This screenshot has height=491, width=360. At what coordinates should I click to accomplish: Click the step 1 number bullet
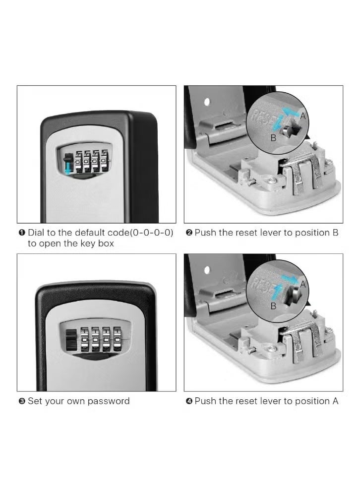[22, 233]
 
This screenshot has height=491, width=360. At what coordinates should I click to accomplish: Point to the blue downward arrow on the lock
[68, 167]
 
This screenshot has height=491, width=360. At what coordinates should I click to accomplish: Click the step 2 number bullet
[189, 233]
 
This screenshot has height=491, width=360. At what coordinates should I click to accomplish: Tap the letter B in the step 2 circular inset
[273, 138]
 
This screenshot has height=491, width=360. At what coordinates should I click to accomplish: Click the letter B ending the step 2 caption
[335, 233]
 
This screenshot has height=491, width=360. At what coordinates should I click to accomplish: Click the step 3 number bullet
[22, 401]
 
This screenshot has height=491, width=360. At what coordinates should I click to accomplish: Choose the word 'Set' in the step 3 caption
[35, 401]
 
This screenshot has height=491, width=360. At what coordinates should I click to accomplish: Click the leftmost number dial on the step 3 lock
[85, 339]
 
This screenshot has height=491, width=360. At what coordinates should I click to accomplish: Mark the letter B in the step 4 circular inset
[273, 307]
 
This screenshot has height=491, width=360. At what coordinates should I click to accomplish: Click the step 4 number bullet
[189, 401]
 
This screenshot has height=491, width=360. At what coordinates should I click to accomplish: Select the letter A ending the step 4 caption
[335, 401]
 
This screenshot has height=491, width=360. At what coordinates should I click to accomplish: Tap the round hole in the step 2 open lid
[207, 102]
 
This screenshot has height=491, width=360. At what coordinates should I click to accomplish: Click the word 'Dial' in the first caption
[37, 233]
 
